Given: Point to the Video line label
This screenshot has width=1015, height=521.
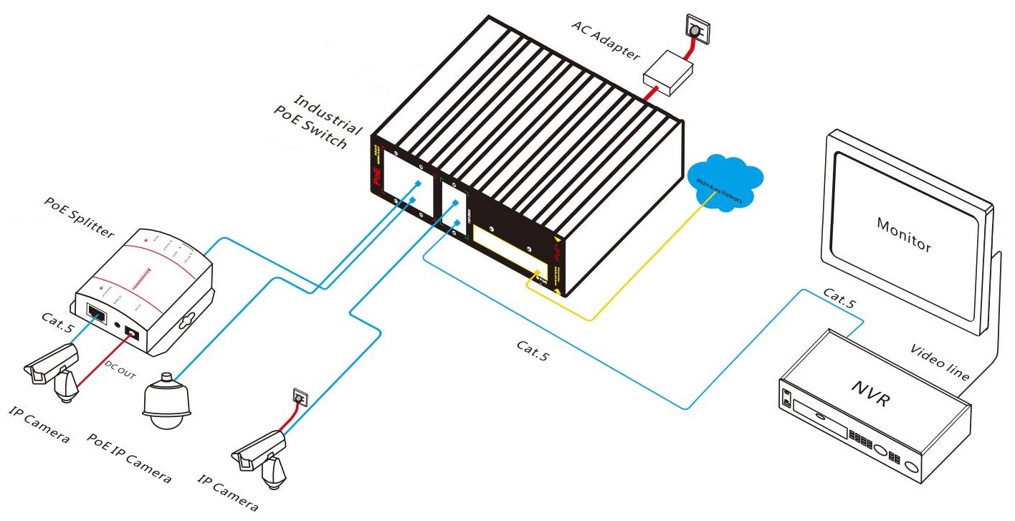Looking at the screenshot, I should click(940, 363).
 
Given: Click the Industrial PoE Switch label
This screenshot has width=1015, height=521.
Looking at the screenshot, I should click(320, 121).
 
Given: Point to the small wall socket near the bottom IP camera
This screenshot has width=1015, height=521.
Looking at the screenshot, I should click(300, 396).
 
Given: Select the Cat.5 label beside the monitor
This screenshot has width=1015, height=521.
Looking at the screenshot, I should click(839, 298).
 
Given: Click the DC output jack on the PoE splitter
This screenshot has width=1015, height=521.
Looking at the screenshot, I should click(133, 333).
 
